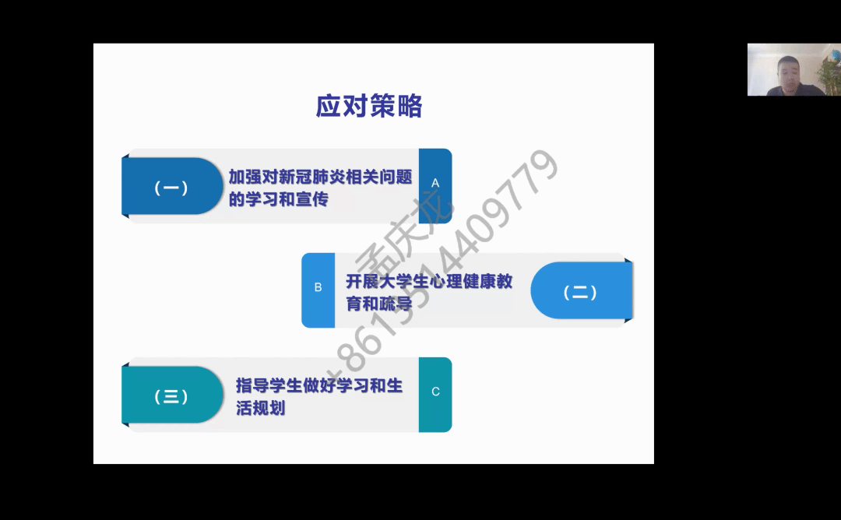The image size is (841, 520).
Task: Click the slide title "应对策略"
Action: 369,106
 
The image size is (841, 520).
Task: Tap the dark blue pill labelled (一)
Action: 172,186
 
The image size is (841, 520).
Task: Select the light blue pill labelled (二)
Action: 582,290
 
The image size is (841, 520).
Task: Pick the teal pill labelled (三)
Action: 172,395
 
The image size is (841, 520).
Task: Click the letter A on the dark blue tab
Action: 435,184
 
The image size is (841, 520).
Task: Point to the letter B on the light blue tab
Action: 318,287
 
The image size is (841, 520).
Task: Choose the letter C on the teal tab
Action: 435,392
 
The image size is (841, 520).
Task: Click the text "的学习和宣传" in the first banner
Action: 278,199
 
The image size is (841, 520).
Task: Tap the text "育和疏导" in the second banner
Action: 379,304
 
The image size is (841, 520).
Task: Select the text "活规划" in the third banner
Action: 261,408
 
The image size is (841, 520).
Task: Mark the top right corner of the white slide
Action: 654,44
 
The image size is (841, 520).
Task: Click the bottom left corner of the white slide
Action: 93,464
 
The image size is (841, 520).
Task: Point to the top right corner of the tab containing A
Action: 452,149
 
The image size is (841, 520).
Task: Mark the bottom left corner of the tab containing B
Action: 302,328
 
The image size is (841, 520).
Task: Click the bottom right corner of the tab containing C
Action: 452,432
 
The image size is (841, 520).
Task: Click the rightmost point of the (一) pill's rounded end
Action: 223,186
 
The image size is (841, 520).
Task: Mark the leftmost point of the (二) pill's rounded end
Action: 530,290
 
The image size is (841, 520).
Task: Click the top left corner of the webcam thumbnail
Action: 748,44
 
